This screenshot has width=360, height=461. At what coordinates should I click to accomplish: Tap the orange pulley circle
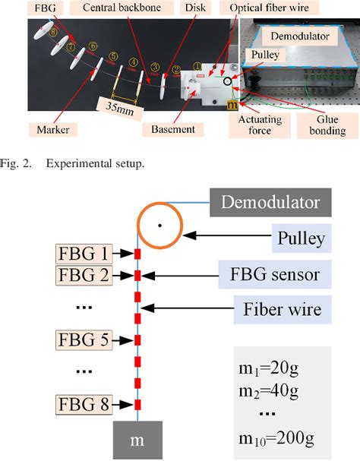(x=159, y=226)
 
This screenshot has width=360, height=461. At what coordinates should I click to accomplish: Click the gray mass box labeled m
(x=137, y=440)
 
